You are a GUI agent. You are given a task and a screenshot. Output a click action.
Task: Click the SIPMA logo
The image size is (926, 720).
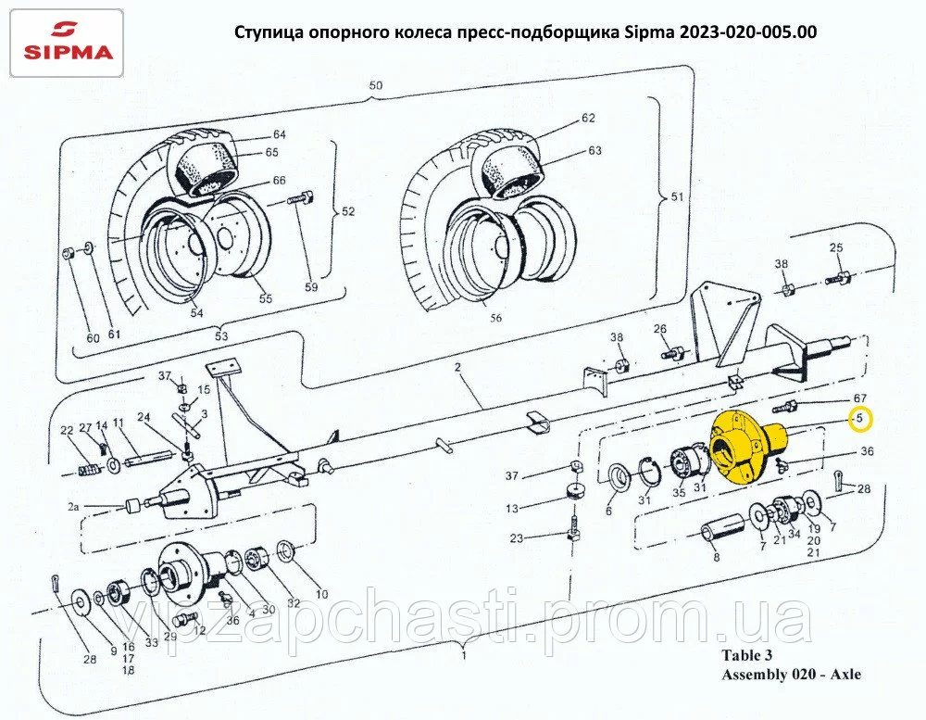pyautogui.click(x=67, y=43)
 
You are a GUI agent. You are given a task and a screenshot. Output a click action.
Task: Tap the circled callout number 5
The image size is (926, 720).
pyautogui.click(x=860, y=419)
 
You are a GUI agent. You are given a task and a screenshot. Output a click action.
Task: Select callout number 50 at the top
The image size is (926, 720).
pyautogui.click(x=376, y=85)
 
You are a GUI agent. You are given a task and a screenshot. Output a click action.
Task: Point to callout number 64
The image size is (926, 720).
pyautogui.click(x=280, y=134)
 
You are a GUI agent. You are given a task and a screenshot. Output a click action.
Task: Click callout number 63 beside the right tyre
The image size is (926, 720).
pyautogui.click(x=594, y=151)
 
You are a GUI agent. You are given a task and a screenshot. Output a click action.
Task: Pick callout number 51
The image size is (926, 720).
pyautogui.click(x=678, y=196)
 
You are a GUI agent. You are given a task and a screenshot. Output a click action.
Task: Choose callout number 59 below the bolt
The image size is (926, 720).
pyautogui.click(x=311, y=287)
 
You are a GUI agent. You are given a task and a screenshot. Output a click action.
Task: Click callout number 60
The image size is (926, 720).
pyautogui.click(x=93, y=338)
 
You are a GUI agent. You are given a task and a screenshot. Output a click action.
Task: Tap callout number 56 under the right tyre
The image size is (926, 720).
pyautogui.click(x=495, y=318)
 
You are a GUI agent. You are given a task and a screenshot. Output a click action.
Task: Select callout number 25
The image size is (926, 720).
pyautogui.click(x=836, y=247)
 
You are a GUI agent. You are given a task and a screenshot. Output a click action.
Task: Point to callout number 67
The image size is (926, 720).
pyautogui.click(x=860, y=399)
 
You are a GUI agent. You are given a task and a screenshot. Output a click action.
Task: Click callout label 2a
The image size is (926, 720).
pyautogui.click(x=73, y=507)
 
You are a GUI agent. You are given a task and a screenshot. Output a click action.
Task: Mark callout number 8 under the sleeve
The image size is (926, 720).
pyautogui.click(x=717, y=557)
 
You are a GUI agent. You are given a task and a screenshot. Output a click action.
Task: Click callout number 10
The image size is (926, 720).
pyautogui.click(x=322, y=594)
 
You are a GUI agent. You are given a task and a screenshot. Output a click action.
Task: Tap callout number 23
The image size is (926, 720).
pyautogui.click(x=517, y=538)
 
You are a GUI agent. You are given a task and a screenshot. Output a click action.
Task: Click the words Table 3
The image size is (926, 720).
pyautogui.click(x=746, y=655)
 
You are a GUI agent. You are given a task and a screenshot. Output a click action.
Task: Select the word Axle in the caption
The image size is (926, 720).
pyautogui.click(x=845, y=674)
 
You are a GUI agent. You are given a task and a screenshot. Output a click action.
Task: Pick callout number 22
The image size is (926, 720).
pyautogui.click(x=67, y=430)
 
